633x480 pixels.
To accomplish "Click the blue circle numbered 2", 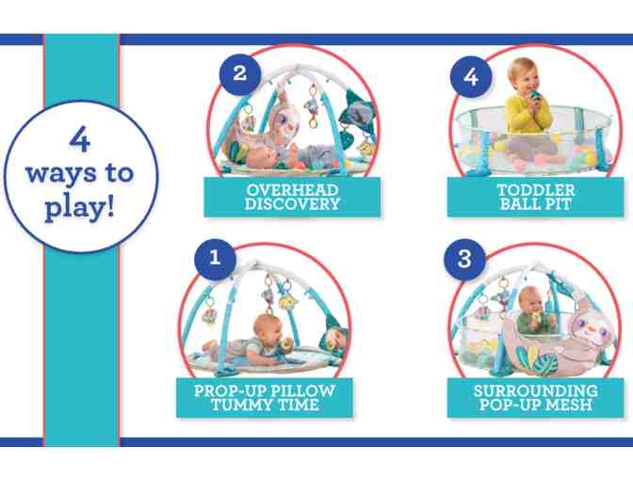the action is pos(240,73).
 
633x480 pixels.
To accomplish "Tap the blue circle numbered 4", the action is pos(471,76).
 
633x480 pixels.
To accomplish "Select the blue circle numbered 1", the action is pos(215,258).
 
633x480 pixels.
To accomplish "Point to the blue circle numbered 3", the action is pos(464,259).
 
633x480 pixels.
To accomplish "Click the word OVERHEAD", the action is pos(292,190).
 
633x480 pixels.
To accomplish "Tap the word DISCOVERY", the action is pos(292,204).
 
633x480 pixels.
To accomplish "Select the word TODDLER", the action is pos(536,190).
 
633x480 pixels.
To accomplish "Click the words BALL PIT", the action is pos(536,204).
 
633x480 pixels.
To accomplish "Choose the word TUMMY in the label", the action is pos(237,405).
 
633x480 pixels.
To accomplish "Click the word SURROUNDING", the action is pos(536,391).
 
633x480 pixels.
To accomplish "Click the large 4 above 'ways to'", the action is pos(79,140).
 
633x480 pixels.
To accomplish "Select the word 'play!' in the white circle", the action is pos(79,209).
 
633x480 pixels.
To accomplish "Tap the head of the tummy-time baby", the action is pos(268,328).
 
